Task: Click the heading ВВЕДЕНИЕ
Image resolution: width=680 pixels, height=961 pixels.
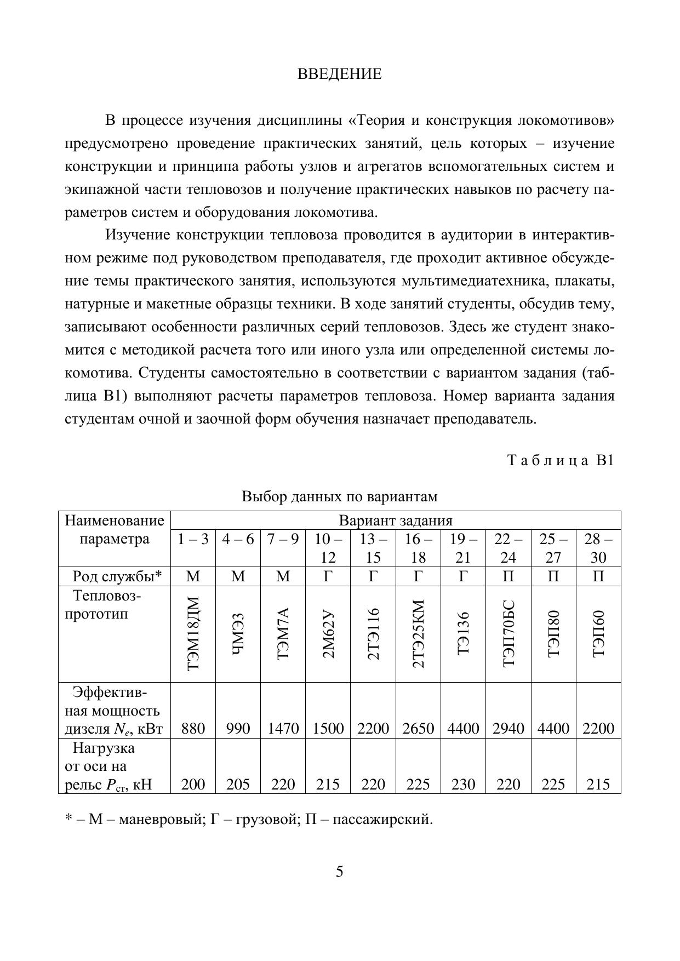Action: (x=339, y=75)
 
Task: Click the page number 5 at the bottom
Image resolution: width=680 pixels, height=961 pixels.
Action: (x=340, y=871)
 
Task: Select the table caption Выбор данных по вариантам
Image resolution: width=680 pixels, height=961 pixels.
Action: (x=340, y=497)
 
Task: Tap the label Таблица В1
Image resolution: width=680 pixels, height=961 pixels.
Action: (x=562, y=460)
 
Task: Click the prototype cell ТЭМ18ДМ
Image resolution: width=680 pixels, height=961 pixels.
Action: (x=193, y=634)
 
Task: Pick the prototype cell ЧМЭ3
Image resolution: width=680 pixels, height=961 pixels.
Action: (x=238, y=634)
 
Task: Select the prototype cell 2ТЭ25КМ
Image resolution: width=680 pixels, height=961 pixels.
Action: (x=418, y=634)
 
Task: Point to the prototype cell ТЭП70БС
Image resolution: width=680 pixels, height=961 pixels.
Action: (x=508, y=634)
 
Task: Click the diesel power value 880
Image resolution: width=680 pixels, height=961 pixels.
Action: (x=193, y=728)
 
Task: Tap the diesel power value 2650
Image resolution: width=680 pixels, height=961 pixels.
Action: (x=418, y=728)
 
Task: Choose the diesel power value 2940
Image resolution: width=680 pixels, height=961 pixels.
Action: (x=508, y=728)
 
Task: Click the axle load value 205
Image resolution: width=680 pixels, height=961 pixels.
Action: (x=238, y=785)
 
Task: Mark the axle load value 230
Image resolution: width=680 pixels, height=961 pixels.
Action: (x=463, y=785)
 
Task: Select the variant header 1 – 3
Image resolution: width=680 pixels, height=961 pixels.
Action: (x=193, y=539)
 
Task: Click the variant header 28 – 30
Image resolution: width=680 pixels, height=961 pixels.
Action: (x=598, y=548)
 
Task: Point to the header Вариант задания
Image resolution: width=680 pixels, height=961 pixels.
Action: (x=396, y=520)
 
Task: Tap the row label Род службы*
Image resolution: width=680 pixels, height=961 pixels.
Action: (x=117, y=576)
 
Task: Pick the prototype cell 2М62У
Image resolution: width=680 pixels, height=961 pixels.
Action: (x=328, y=634)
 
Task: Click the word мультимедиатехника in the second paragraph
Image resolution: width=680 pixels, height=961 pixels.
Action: (x=475, y=281)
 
